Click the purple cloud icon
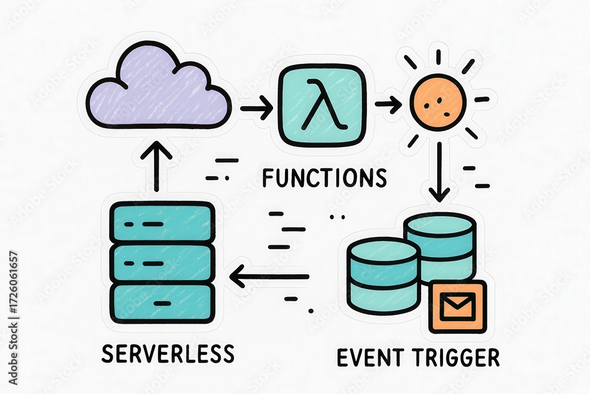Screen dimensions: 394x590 [158, 89]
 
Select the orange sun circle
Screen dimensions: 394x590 [438, 105]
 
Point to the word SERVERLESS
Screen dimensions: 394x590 [168, 353]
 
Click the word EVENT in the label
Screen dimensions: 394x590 [371, 357]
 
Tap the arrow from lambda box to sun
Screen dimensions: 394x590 [388, 105]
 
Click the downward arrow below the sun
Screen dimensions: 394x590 [439, 171]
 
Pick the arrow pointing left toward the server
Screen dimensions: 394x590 [269, 276]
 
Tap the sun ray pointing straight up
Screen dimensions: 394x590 [438, 57]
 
